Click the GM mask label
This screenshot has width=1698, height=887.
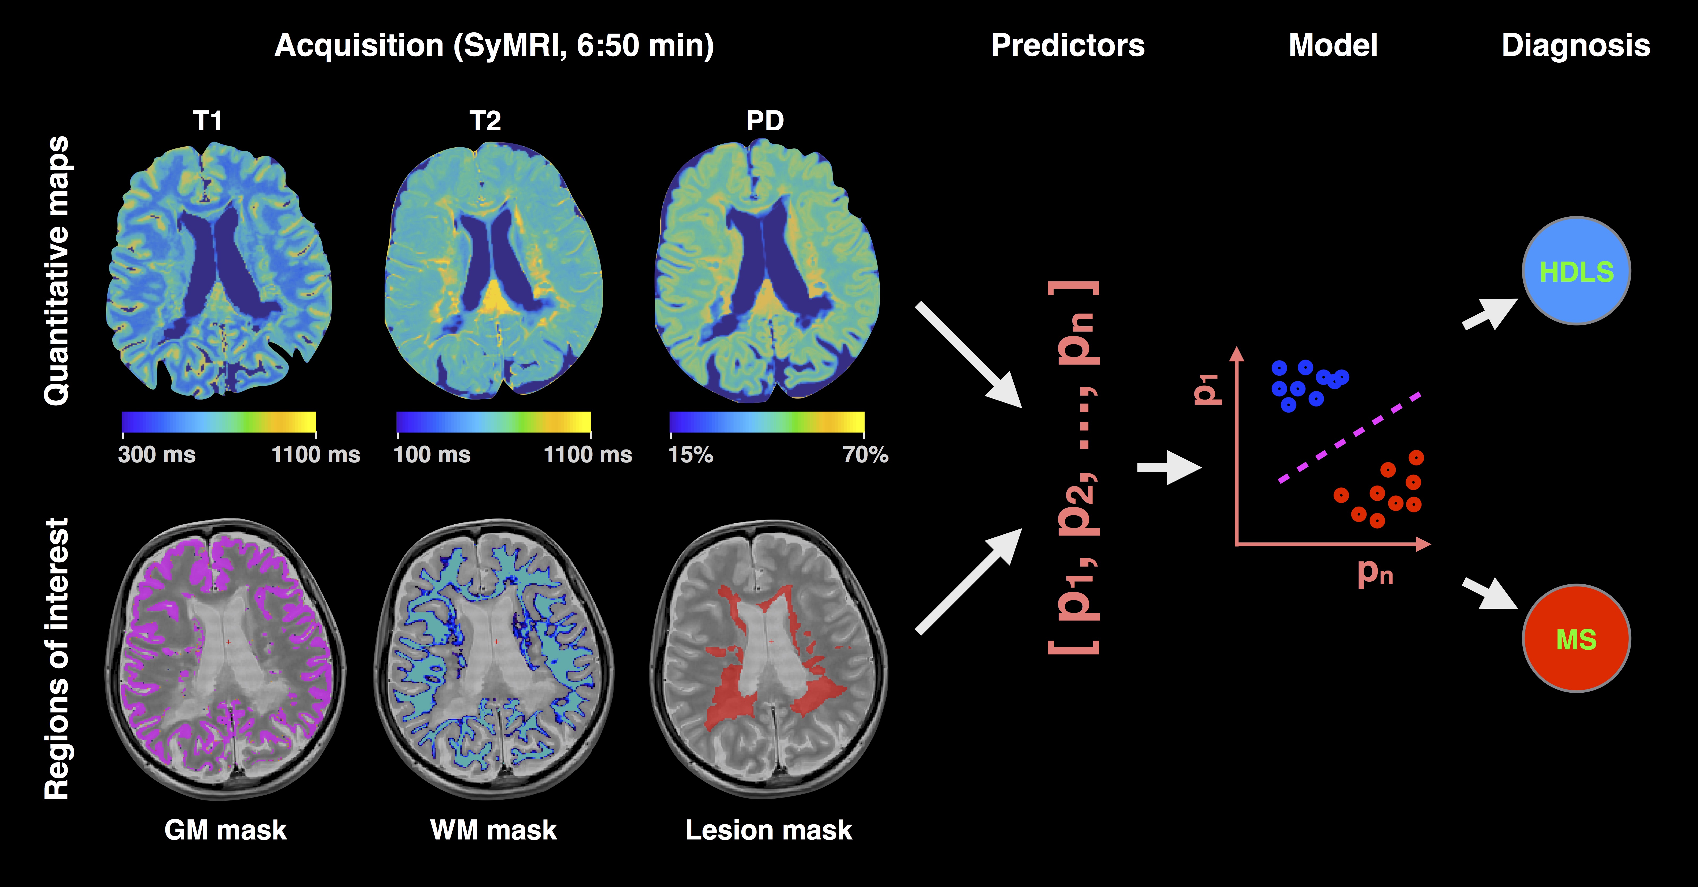tap(225, 830)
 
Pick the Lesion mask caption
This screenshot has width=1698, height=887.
tap(769, 830)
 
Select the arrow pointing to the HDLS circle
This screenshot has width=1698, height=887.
tap(1490, 313)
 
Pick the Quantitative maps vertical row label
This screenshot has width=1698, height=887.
tap(57, 270)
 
